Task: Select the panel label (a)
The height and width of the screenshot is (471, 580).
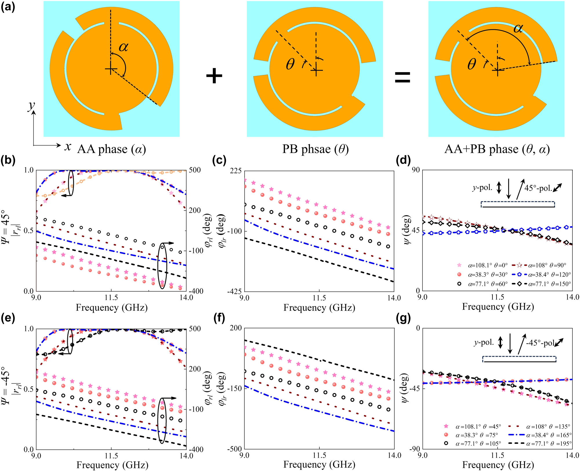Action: click(8, 6)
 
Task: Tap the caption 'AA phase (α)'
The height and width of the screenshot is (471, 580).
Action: click(111, 149)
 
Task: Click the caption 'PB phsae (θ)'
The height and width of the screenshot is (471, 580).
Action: click(315, 149)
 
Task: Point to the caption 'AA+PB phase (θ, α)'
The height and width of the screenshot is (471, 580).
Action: click(497, 149)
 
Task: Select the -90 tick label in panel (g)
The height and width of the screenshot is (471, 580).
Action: click(414, 449)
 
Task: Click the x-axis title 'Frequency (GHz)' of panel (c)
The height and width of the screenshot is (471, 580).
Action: click(319, 308)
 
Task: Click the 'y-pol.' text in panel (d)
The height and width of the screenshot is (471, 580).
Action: click(482, 188)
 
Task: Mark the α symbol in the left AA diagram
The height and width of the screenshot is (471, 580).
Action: click(124, 47)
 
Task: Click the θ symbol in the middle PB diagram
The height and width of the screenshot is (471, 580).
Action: click(290, 64)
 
